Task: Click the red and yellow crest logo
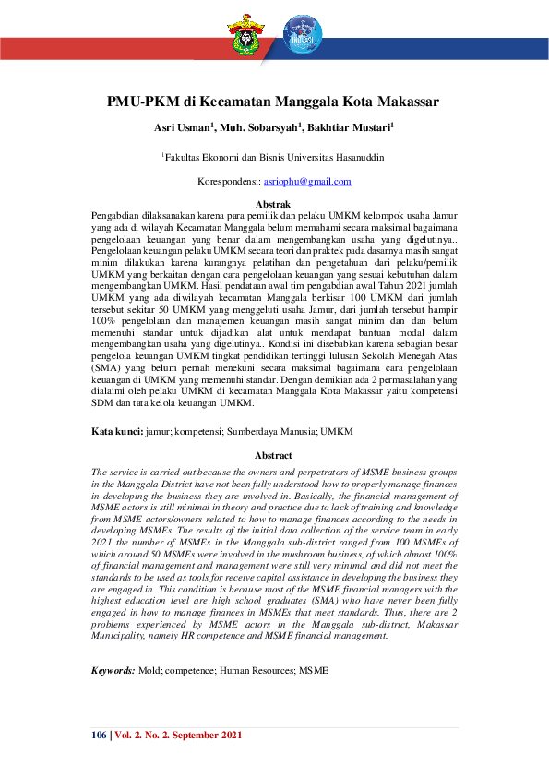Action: [x=245, y=34]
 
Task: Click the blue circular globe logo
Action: [x=302, y=34]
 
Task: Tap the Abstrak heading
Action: [x=273, y=203]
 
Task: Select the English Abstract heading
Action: [x=273, y=455]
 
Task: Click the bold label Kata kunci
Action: [x=117, y=431]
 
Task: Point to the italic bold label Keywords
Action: [x=113, y=670]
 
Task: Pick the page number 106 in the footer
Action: [x=99, y=735]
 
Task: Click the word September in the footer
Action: [x=188, y=735]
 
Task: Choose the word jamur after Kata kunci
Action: [x=162, y=431]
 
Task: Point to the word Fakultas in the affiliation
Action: [x=185, y=158]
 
